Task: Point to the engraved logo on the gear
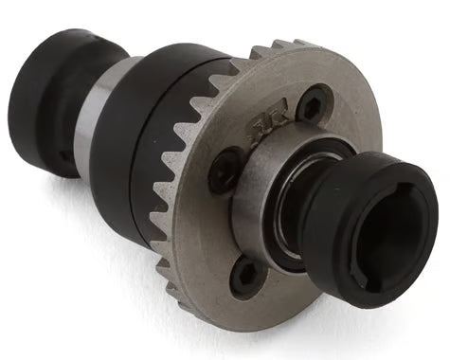tap(259, 130)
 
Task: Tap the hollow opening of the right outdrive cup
tap(390, 225)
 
